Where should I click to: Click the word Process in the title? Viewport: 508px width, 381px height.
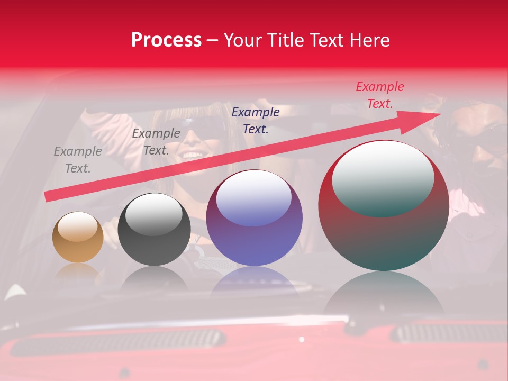click(166, 40)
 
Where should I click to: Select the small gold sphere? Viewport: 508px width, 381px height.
click(78, 238)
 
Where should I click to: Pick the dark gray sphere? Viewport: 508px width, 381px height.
click(154, 230)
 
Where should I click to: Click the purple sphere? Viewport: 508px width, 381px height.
click(254, 218)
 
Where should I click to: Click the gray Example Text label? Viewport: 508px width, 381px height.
click(78, 160)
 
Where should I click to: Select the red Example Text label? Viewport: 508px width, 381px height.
click(379, 95)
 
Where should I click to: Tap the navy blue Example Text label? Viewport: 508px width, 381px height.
click(256, 120)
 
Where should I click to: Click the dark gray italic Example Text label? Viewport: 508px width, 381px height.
click(156, 142)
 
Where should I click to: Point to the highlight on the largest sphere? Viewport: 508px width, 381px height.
click(383, 179)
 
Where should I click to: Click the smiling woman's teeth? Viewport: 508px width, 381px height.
click(192, 155)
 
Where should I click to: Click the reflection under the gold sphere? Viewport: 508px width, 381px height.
click(78, 273)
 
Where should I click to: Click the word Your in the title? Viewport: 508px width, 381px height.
click(243, 40)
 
